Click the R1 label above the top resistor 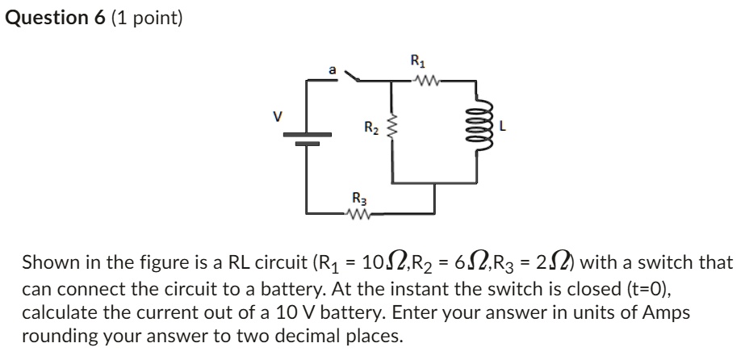pyautogui.click(x=416, y=60)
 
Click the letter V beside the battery pyautogui.click(x=278, y=116)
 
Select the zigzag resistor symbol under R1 pyautogui.click(x=424, y=80)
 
